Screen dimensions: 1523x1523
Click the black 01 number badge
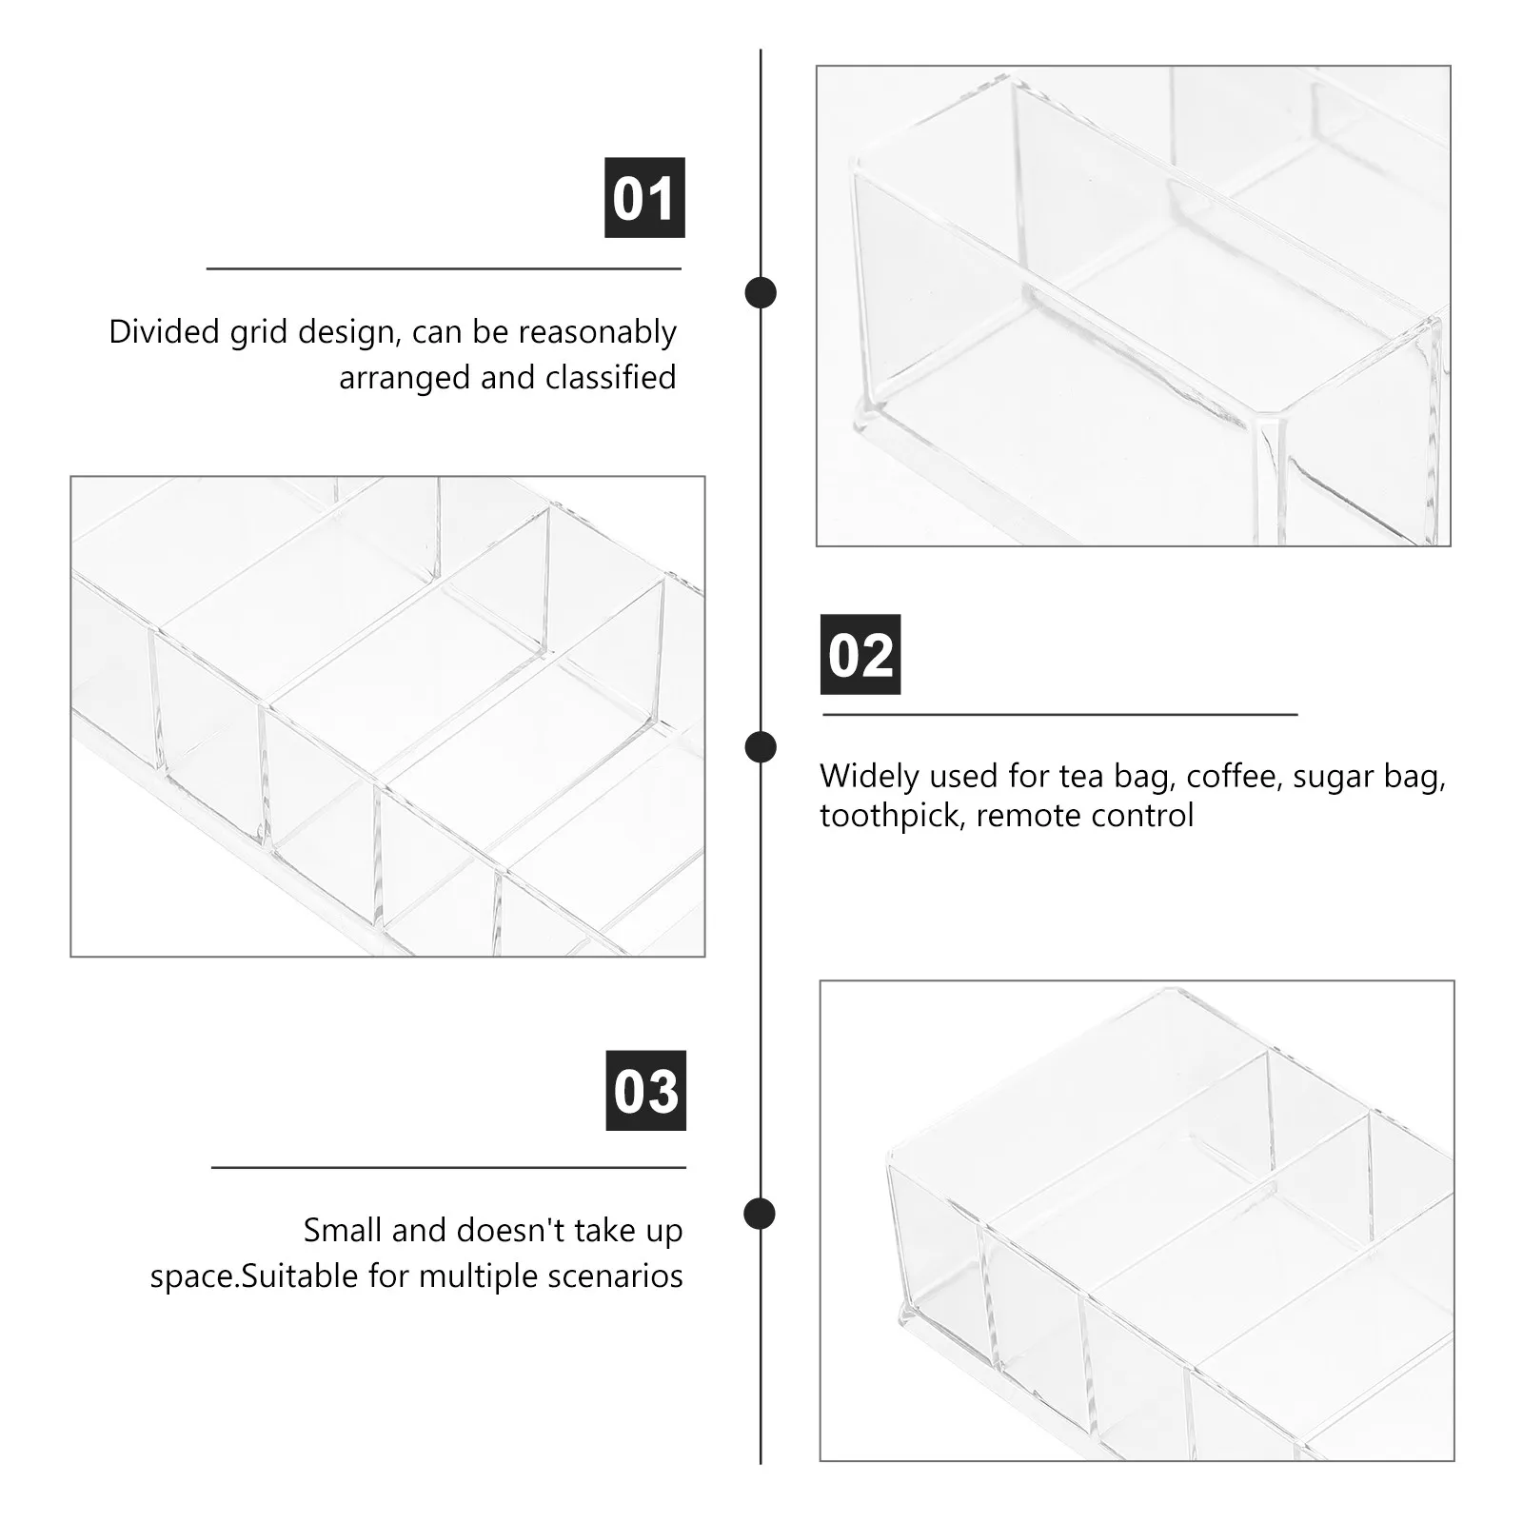(644, 198)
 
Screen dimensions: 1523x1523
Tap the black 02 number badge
(860, 655)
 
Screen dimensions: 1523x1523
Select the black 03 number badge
(645, 1091)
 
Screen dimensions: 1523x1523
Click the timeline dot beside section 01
(760, 292)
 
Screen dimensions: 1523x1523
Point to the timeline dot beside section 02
(760, 747)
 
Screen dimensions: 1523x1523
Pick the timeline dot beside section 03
(760, 1213)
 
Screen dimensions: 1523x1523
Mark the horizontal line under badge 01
(444, 269)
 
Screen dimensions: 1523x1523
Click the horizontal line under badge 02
(1059, 714)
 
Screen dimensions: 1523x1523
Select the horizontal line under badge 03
(448, 1167)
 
